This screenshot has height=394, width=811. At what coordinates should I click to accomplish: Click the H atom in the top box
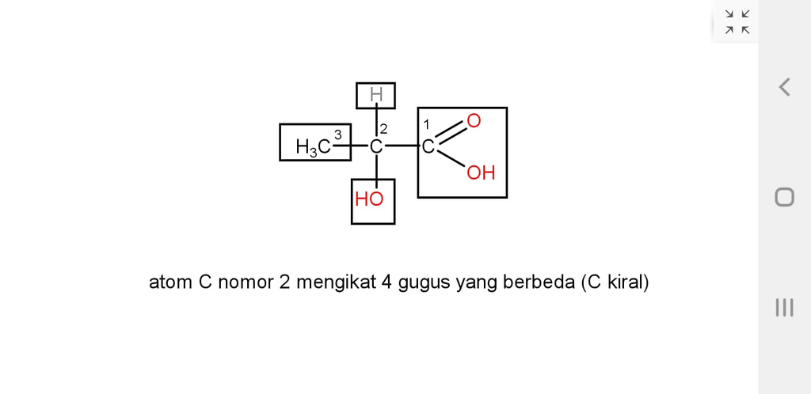click(375, 96)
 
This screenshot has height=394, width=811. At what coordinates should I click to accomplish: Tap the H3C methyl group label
click(313, 147)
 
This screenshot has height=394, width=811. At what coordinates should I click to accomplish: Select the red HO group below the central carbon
click(369, 199)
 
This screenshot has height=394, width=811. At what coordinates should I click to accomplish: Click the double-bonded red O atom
click(474, 121)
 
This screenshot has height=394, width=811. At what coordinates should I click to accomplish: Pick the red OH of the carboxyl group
click(481, 172)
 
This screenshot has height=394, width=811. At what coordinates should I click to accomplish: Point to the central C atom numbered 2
click(376, 147)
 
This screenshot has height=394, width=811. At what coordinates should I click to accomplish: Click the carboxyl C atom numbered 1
click(427, 147)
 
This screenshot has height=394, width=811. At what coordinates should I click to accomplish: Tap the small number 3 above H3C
click(338, 134)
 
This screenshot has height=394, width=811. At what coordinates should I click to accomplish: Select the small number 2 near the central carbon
click(383, 129)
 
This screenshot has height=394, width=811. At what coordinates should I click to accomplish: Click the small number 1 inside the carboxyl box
click(426, 124)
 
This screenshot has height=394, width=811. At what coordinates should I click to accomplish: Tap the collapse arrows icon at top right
click(737, 21)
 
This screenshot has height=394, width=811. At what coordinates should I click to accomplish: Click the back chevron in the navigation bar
click(784, 87)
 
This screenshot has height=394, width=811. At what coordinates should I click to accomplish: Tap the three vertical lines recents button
click(784, 308)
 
